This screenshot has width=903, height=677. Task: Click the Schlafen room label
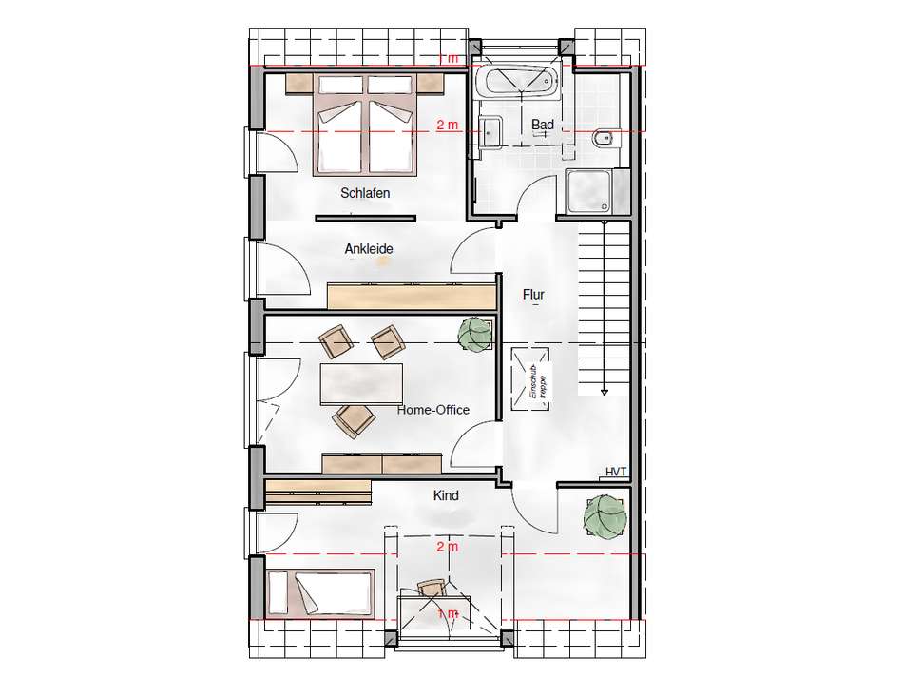365,193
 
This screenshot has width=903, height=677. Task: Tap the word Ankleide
369,249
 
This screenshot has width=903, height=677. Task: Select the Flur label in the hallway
533,295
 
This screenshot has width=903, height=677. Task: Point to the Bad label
543,125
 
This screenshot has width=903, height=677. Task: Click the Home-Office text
433,410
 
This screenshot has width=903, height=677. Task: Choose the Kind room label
446,495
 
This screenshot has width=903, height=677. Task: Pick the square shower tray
592,192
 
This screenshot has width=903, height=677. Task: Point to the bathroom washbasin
492,130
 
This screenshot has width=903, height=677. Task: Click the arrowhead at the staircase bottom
604,390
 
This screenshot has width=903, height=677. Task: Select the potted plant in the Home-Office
475,334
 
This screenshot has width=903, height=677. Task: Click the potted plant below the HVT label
605,517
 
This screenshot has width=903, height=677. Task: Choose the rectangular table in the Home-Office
361,384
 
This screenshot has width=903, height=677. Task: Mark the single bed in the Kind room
321,593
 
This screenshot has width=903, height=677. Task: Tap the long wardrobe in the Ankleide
412,295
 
